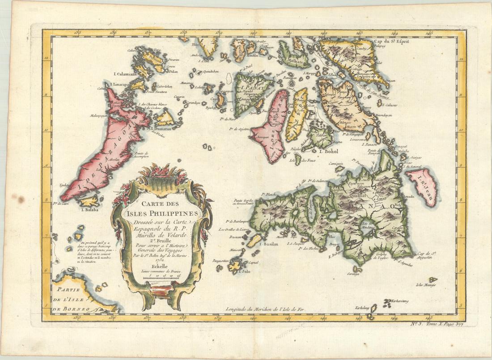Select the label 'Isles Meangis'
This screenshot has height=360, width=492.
click(425, 284)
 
